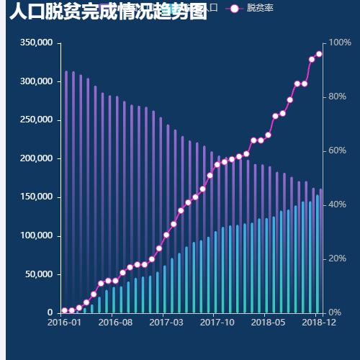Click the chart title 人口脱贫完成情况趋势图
108,12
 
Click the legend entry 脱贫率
259,8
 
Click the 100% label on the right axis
341,43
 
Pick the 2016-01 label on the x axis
65,323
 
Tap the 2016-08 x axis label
115,323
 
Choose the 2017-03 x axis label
166,323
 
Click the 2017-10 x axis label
217,323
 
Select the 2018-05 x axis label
267,323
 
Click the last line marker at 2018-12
319,54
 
